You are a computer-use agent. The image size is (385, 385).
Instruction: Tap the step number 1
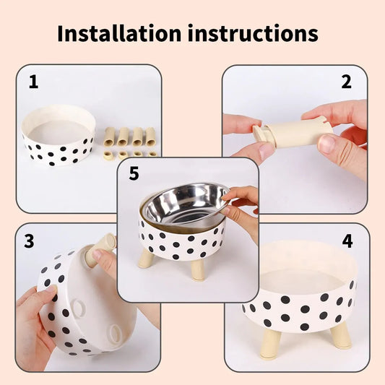(x=33, y=82)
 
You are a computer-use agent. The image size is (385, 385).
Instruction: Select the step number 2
(x=346, y=82)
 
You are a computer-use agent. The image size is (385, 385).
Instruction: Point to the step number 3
(x=29, y=241)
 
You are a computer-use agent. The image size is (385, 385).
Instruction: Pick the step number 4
(x=347, y=241)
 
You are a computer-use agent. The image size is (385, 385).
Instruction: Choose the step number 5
(x=134, y=174)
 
